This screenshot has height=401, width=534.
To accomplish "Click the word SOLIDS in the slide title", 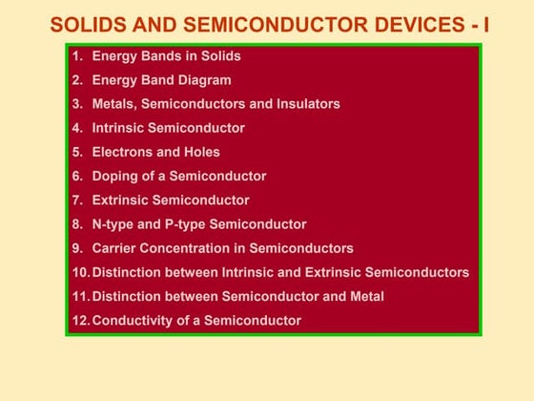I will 87,24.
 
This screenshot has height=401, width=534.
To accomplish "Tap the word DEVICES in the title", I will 412,24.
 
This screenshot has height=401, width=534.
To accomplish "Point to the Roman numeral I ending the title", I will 485,24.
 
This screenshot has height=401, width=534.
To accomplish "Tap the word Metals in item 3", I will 113,104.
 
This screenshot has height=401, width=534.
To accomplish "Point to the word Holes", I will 202,152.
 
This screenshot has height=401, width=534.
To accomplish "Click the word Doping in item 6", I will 115,176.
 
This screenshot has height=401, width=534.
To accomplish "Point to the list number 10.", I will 80,272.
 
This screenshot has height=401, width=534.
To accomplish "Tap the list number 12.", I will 80,321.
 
